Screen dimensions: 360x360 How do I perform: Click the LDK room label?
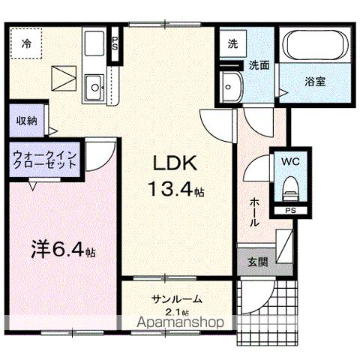(175, 164)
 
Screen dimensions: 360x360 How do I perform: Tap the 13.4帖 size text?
(178, 191)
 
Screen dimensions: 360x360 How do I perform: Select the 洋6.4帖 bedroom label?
(64, 247)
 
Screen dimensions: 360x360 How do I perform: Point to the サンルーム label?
(177, 299)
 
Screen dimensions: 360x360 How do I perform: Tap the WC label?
(290, 160)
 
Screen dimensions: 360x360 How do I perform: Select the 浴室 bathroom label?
(314, 82)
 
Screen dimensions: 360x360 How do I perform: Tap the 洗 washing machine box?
(232, 43)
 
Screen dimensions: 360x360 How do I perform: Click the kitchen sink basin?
(94, 88)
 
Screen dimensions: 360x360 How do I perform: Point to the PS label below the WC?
(289, 211)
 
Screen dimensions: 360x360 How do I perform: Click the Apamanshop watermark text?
(183, 324)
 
